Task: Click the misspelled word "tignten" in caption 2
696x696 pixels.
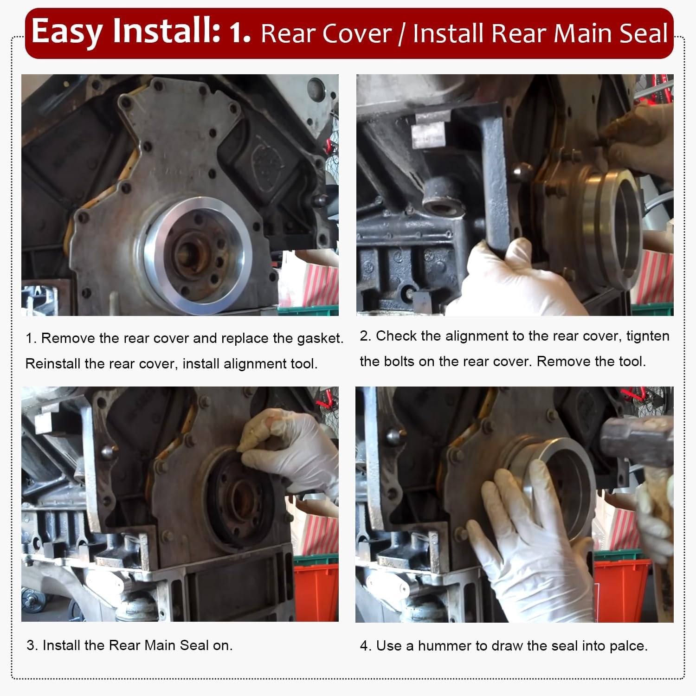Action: (x=648, y=336)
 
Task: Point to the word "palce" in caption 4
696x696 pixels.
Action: (x=626, y=646)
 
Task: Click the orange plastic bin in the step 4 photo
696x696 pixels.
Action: (x=622, y=589)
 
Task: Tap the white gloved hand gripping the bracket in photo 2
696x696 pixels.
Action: (x=510, y=278)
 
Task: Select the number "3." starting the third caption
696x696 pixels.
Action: (x=32, y=645)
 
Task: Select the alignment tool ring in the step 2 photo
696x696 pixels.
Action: (x=612, y=227)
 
